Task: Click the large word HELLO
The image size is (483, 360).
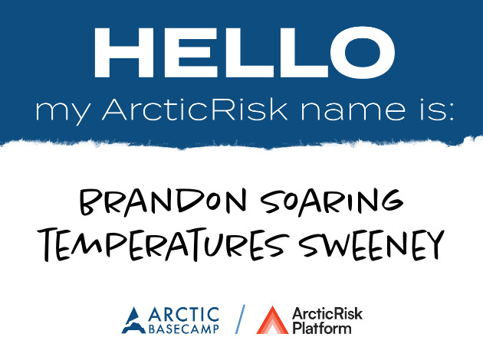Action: [x=245, y=52]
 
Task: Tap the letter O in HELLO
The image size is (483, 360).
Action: [x=362, y=52]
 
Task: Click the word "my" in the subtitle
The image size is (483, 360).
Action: [x=64, y=112]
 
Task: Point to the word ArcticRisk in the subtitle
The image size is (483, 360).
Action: [x=195, y=110]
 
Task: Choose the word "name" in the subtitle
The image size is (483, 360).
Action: [x=353, y=111]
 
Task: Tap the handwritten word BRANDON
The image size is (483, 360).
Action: [x=163, y=202]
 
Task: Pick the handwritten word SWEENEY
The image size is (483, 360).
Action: [x=372, y=245]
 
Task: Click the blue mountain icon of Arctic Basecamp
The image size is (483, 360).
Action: [x=133, y=320]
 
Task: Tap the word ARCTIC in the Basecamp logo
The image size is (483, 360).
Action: [x=183, y=315]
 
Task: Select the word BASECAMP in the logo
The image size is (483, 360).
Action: [x=183, y=329]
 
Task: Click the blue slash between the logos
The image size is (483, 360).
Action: [x=240, y=319]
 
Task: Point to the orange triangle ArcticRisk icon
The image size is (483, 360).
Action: [x=272, y=320]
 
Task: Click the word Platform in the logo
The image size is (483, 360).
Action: [x=322, y=329]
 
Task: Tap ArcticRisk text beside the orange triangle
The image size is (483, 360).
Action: [x=327, y=314]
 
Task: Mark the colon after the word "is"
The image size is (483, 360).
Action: [x=451, y=112]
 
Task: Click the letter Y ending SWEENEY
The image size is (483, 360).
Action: [x=435, y=245]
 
